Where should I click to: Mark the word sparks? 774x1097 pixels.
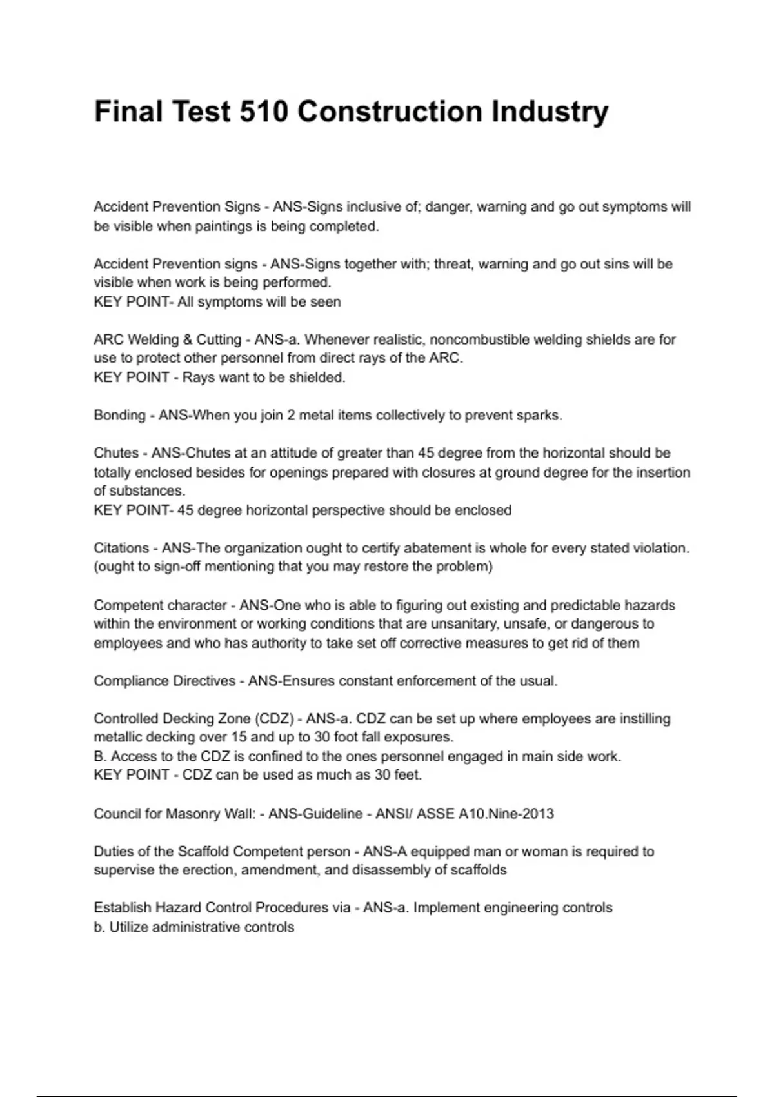[x=539, y=415]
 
